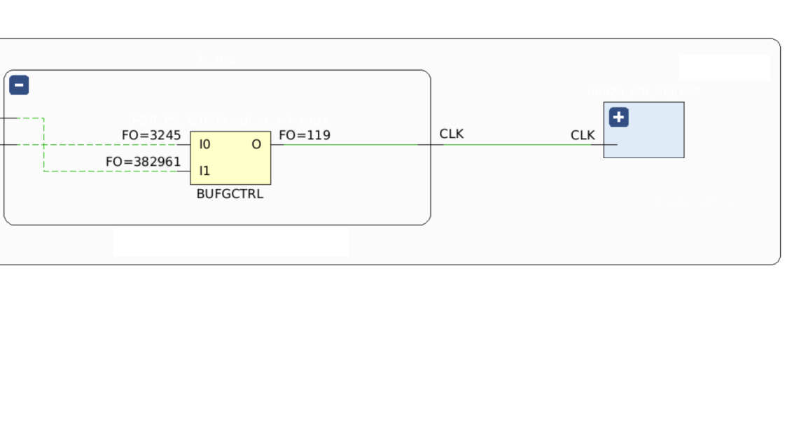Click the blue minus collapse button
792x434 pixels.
19,85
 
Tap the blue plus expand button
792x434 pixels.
618,117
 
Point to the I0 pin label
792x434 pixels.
204,145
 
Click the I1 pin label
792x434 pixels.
204,171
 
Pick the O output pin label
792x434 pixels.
256,145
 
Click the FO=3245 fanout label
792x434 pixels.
151,135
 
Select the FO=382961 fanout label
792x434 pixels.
143,162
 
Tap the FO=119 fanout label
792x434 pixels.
305,135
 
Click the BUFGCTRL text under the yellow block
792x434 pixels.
230,194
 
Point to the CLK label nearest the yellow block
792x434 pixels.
452,134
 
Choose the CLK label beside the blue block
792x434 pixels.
583,135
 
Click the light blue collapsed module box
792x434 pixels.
651,140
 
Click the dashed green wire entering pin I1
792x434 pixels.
112,171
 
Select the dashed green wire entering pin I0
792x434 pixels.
112,145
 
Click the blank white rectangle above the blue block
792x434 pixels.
724,68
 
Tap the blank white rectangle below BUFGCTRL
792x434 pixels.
231,241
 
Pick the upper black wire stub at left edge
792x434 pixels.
7,118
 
